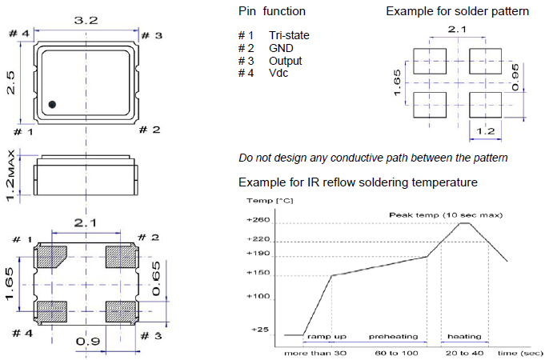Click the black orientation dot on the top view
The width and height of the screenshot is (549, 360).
(x=52, y=104)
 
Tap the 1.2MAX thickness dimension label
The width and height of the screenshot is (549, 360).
(x=10, y=175)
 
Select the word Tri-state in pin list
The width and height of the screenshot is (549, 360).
(x=289, y=36)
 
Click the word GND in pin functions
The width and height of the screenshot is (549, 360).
(x=281, y=49)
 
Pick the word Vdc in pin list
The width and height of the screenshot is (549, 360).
(x=279, y=74)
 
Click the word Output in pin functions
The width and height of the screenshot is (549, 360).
(x=286, y=62)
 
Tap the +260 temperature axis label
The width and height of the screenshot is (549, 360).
(x=260, y=221)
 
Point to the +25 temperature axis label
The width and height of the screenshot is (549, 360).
(x=261, y=329)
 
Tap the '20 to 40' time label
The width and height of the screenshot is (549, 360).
(x=463, y=352)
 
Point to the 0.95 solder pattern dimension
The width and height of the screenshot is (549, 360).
(x=515, y=78)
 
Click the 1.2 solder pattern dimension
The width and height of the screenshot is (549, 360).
(x=485, y=130)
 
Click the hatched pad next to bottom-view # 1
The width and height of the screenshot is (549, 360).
(x=52, y=256)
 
